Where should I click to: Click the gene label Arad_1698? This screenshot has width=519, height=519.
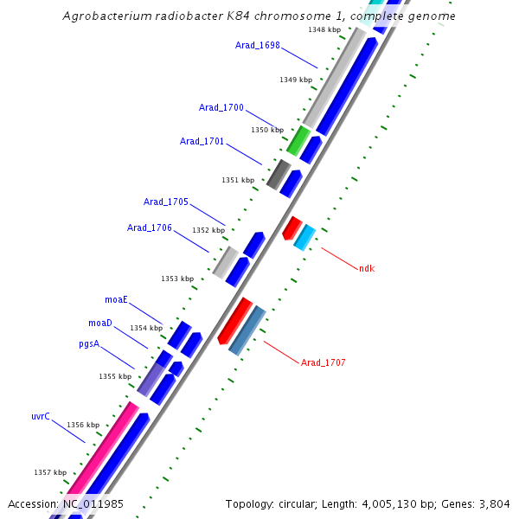click(258, 45)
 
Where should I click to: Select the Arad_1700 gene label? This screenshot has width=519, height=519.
click(221, 108)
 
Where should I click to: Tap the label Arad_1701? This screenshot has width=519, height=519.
click(202, 141)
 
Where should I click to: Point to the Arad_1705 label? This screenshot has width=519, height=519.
click(166, 202)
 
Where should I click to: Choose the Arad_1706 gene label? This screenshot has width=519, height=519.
click(150, 227)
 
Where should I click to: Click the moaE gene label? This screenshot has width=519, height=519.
click(117, 299)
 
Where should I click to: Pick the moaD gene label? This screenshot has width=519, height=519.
click(100, 323)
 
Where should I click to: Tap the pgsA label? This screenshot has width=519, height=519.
click(89, 343)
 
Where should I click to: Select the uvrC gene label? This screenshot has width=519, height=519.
click(41, 416)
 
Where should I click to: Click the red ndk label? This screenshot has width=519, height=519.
click(367, 268)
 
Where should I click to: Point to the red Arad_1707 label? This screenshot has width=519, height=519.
click(324, 362)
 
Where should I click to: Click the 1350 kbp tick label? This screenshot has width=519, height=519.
click(267, 130)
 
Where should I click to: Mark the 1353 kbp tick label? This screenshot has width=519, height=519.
click(177, 279)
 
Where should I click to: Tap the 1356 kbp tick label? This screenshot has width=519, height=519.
click(83, 425)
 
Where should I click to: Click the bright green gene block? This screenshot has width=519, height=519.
click(298, 140)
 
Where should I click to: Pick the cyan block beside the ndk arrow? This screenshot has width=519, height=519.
click(304, 237)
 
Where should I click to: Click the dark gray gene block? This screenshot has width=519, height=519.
click(279, 174)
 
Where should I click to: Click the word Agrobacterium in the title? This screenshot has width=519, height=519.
click(107, 16)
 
